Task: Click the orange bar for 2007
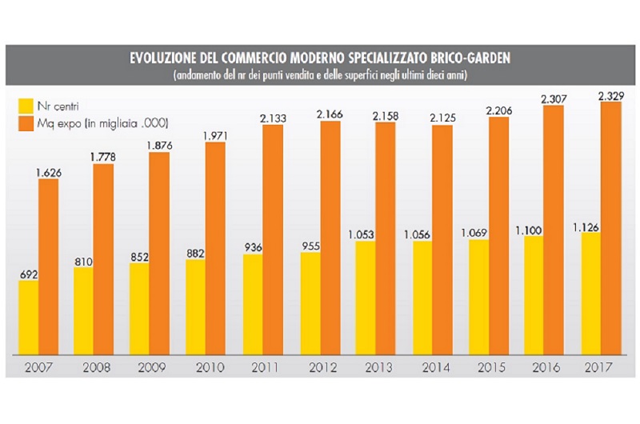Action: coord(48,268)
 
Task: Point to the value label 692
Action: coord(29,274)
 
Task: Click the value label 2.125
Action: coord(443,118)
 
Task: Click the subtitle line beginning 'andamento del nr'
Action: coord(320,75)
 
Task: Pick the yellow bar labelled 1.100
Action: coord(534,295)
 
